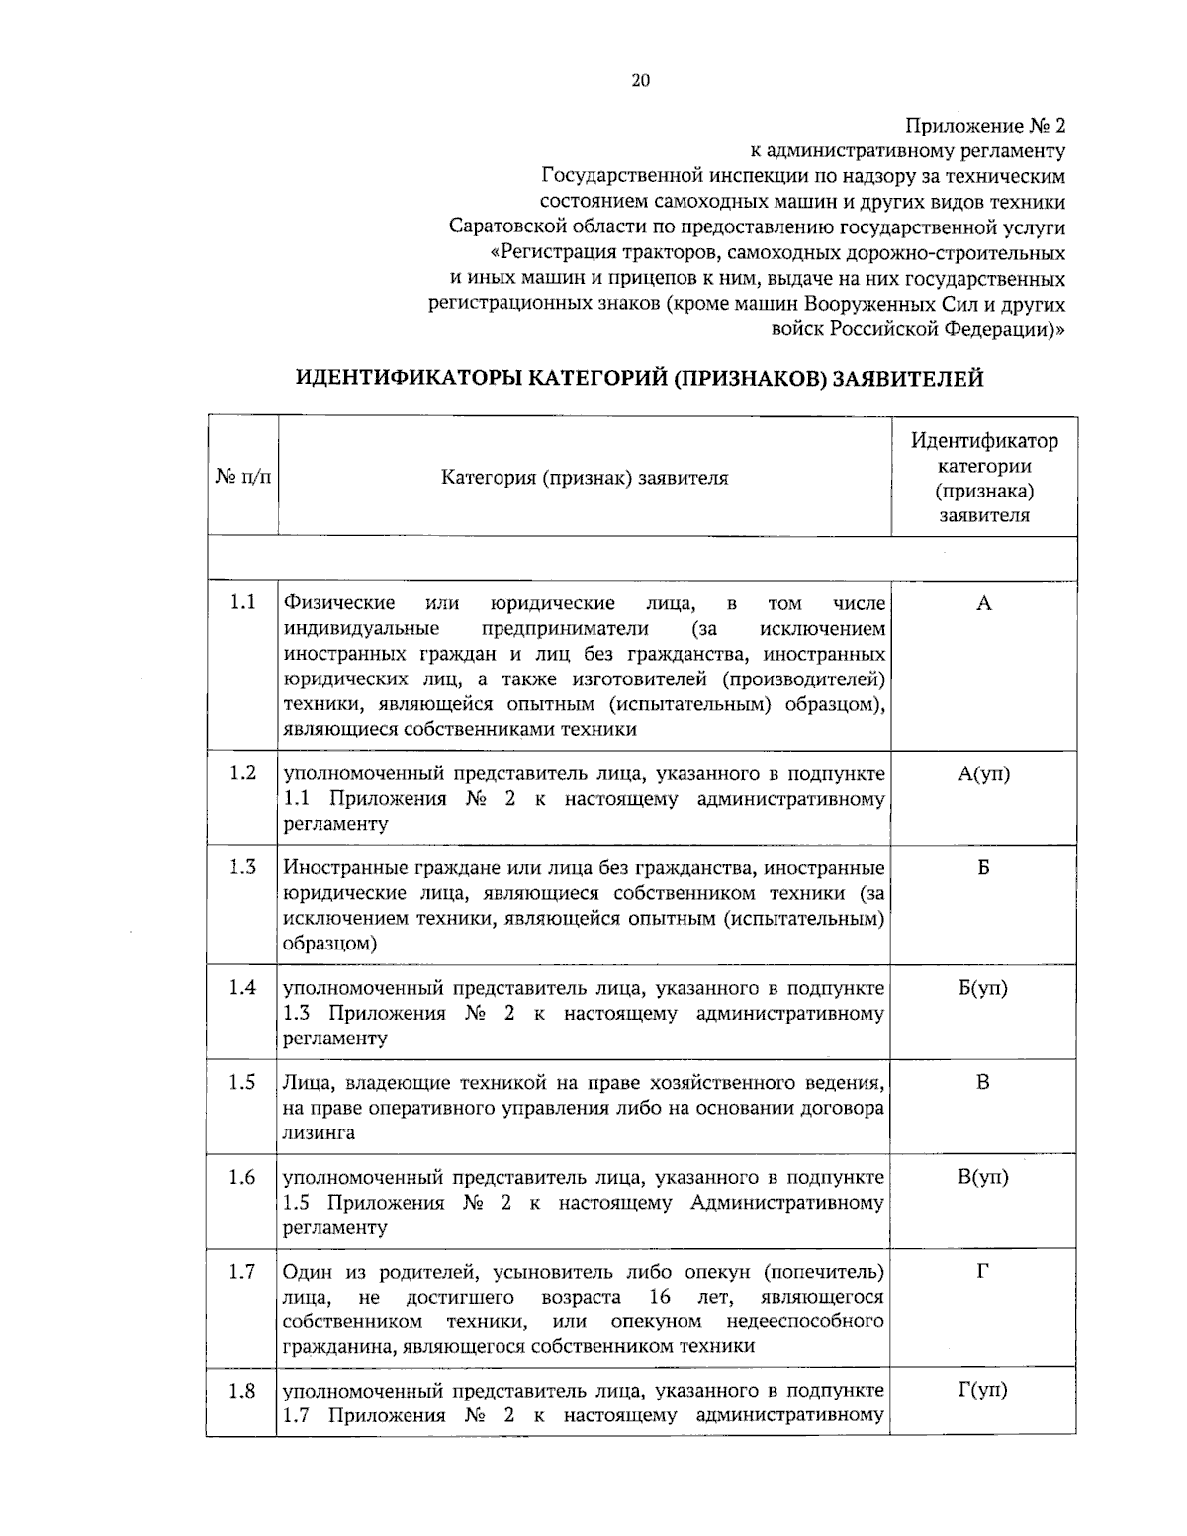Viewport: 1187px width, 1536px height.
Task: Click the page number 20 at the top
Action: coord(640,81)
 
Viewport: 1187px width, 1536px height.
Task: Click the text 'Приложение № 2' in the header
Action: coord(985,127)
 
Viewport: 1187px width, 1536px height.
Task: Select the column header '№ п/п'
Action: coord(242,478)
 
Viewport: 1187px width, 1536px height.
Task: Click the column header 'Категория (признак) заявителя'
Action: coord(584,478)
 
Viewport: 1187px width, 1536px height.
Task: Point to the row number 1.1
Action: coord(242,602)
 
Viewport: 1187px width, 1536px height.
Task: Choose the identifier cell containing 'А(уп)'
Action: coord(983,773)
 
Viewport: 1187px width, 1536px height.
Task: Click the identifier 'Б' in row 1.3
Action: coord(983,868)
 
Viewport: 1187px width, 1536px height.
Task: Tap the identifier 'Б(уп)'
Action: coord(983,988)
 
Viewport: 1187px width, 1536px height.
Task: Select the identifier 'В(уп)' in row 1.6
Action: coord(983,1177)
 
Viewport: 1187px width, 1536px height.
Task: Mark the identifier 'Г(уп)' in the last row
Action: coord(983,1390)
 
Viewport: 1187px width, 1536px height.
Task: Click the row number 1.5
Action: coord(242,1082)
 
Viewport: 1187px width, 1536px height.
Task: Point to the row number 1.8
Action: coord(242,1391)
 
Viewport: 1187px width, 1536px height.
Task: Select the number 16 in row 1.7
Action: coord(660,1297)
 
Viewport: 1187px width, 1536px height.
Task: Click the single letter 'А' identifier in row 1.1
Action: coord(983,603)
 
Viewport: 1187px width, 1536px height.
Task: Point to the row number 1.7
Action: coord(242,1271)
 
